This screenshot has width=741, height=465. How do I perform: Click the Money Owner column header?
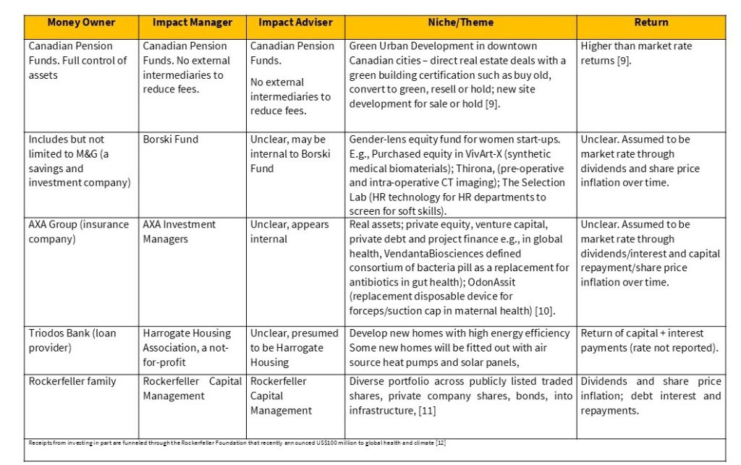80,22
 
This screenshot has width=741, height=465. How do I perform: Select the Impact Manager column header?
192,22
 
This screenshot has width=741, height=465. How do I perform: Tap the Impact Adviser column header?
295,22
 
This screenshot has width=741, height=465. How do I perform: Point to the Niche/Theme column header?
460,22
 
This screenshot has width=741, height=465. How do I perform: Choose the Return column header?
651,22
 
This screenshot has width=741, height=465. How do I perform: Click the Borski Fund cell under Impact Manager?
170,140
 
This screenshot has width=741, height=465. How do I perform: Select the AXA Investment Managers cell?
179,231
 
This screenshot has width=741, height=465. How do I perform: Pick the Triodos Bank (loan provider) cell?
72,341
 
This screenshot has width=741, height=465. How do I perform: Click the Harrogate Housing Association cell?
187,347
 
